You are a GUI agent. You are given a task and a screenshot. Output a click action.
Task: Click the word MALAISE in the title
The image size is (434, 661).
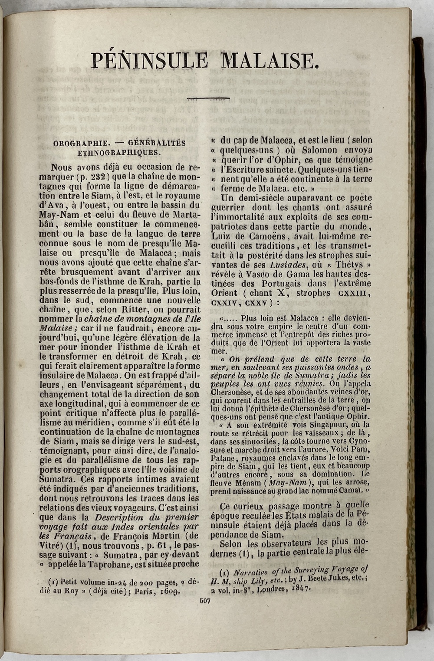tap(270, 61)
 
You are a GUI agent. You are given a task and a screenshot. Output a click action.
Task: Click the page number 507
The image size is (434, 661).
tap(205, 601)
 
